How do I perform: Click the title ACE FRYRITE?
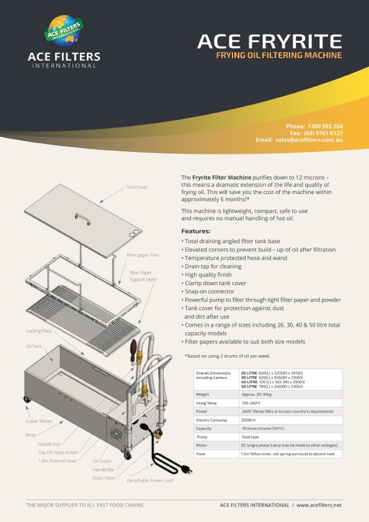tap(269, 42)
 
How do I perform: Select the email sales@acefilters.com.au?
tap(309, 140)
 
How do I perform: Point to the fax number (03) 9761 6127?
tap(323, 133)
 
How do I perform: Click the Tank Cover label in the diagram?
tap(137, 187)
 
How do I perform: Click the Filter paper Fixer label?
tap(143, 255)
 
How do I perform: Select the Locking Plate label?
tap(38, 331)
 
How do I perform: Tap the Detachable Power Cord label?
tap(149, 480)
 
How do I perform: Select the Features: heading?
tap(196, 231)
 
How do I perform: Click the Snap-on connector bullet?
tap(208, 291)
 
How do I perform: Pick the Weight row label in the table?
tap(202, 394)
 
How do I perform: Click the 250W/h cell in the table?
tap(250, 420)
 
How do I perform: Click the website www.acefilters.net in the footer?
tap(319, 505)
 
